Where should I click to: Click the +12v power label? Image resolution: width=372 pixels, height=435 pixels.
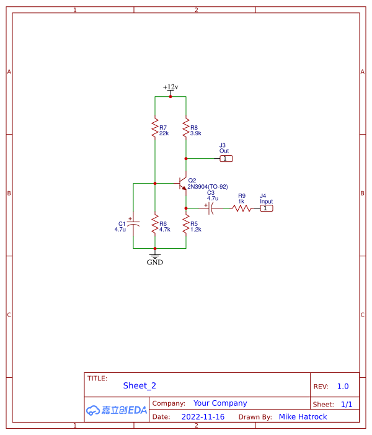(170, 87)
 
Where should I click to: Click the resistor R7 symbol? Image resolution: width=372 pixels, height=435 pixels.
(154, 129)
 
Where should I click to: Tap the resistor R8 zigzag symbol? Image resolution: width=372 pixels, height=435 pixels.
(185, 129)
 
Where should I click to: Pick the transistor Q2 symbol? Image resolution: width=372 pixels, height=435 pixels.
(182, 184)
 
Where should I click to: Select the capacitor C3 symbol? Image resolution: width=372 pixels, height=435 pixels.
(211, 208)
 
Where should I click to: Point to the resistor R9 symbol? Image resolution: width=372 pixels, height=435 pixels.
(242, 208)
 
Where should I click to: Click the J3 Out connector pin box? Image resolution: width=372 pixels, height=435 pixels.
(227, 159)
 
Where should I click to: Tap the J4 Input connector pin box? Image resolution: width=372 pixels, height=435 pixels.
(266, 208)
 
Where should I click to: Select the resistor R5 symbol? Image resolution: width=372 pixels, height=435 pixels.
(185, 224)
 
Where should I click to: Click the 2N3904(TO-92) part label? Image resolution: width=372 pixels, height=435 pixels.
(208, 186)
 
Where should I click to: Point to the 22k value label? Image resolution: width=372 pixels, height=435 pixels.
(164, 133)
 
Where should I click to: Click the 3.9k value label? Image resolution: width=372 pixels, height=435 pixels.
(196, 133)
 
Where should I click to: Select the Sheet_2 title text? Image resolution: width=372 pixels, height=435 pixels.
(135, 386)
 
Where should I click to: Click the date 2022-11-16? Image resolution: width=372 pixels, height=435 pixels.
(203, 417)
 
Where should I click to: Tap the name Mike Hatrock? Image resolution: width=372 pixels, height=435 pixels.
(303, 417)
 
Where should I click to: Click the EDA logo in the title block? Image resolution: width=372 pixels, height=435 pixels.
(117, 410)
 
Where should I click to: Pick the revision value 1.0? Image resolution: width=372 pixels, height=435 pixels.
(343, 386)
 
